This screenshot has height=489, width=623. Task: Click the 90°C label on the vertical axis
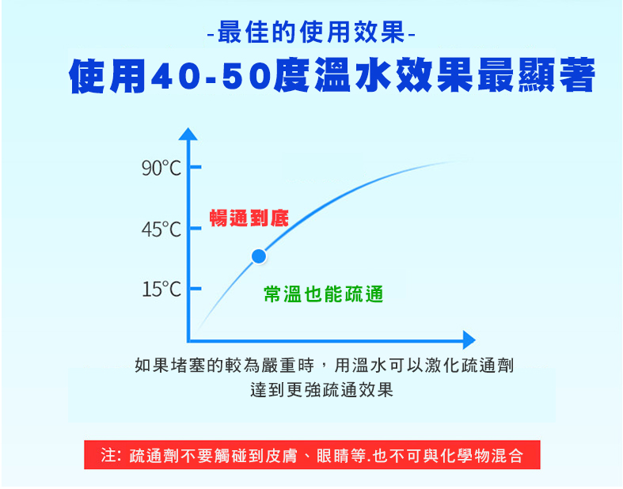pos(161,168)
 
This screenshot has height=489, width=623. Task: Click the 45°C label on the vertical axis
pos(161,229)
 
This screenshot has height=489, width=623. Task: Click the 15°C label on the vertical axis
pos(161,289)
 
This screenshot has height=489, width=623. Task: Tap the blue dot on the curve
pos(259,256)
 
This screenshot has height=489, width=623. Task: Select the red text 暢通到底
pos(249,218)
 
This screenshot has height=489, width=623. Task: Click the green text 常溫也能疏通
pos(324,294)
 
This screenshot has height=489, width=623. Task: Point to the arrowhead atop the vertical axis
pos(188,134)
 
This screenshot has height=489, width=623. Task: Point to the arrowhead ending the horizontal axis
pos(469,340)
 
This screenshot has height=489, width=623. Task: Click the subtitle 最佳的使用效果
pos(311,32)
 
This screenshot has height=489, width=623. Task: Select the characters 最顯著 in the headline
pos(536,75)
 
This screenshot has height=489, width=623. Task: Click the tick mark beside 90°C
pos(195,167)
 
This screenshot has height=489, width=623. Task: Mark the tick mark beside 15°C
pos(195,288)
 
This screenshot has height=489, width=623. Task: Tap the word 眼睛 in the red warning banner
pos(333,456)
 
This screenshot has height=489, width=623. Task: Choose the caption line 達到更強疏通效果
pos(322,389)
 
